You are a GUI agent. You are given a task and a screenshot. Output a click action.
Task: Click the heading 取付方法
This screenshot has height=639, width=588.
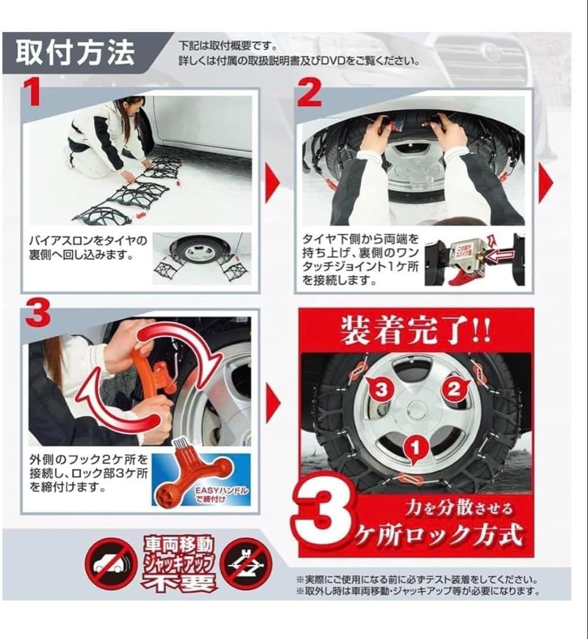(x=75, y=53)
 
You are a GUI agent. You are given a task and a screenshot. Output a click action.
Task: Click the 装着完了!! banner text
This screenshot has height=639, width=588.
(x=415, y=333)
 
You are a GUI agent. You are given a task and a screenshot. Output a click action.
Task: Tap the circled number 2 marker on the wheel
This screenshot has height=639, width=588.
(x=454, y=389)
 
